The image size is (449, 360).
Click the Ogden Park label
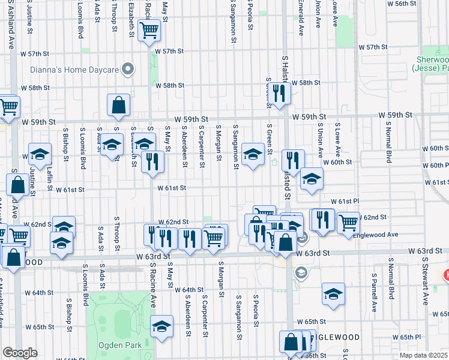point(122,345)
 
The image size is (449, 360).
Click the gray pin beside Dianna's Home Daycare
point(127,70)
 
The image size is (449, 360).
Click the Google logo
point(20,353)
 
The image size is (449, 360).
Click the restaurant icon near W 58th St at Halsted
point(279,93)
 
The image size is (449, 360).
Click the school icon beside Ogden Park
point(161,326)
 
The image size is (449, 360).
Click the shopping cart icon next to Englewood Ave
point(348,222)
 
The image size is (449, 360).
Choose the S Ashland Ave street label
point(11,24)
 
